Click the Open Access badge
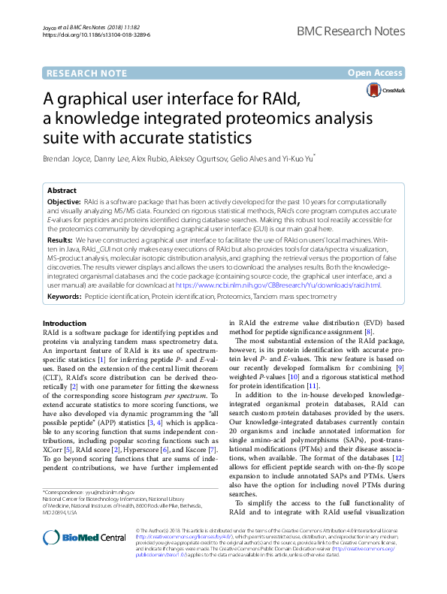[376, 73]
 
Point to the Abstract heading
[62, 191]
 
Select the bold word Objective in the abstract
[65, 204]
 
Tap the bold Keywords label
[65, 297]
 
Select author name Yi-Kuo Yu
[294, 159]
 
